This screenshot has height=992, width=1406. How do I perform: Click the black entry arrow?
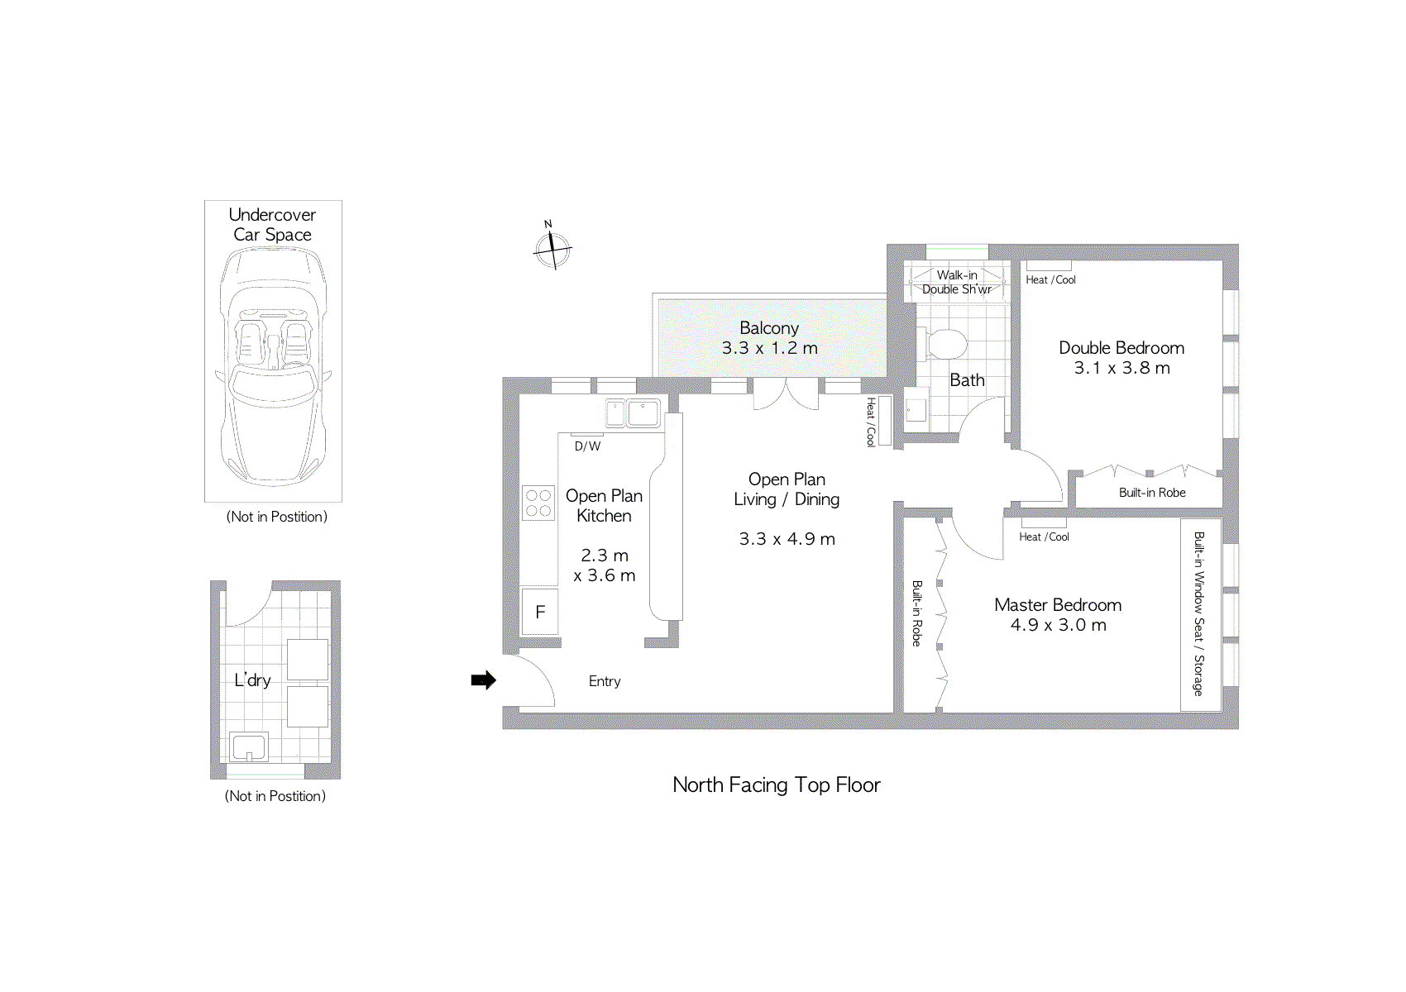click(484, 680)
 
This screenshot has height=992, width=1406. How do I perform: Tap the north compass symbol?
click(552, 248)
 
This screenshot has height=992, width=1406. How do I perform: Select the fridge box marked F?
click(540, 612)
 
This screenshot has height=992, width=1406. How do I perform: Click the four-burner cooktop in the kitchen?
click(538, 503)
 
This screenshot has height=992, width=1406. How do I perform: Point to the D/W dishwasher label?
click(587, 446)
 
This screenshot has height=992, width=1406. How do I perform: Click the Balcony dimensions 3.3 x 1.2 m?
click(769, 348)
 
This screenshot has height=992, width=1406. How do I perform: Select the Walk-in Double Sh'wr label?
click(957, 282)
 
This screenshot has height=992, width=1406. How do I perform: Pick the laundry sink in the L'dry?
click(249, 747)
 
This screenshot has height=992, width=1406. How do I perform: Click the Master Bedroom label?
click(1058, 605)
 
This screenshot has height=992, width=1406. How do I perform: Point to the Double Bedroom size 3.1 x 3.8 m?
click(1121, 368)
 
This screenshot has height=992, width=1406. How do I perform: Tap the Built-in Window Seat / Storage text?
click(1198, 613)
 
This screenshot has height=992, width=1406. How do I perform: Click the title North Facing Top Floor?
click(776, 785)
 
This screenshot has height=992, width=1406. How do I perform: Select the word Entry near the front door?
click(605, 681)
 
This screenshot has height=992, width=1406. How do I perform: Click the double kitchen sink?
click(634, 412)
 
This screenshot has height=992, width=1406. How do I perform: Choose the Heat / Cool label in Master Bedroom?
click(1044, 537)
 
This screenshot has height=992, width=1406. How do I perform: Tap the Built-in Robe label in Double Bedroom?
click(1152, 493)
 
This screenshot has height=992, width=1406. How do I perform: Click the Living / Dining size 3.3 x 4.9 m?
click(787, 539)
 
